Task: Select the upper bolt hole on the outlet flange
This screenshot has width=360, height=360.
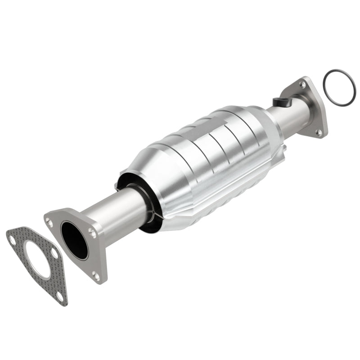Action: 302,84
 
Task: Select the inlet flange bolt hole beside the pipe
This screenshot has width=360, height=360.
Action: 92,233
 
